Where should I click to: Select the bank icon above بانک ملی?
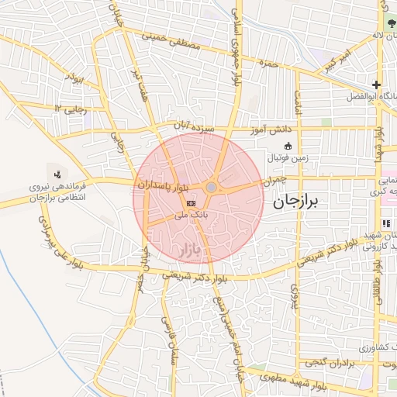click(191, 203)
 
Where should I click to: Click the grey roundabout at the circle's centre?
click(212, 187)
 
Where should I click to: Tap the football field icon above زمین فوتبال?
click(288, 145)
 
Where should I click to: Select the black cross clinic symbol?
click(376, 85)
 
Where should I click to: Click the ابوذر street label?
click(74, 79)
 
